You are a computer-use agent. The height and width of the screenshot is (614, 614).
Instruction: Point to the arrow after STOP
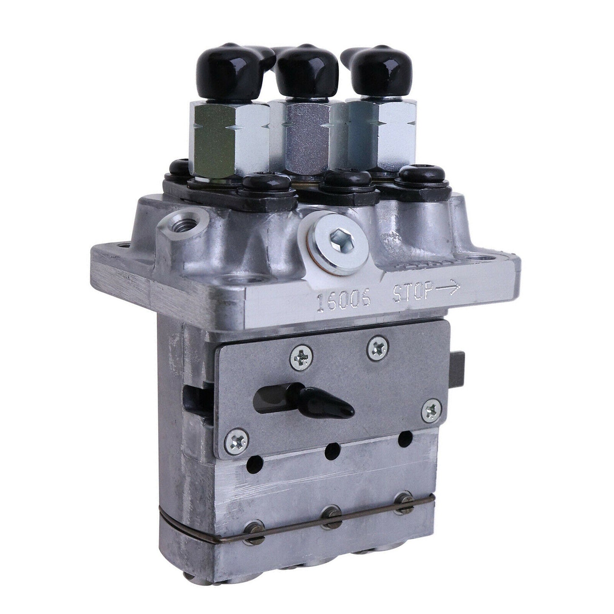tap(446, 289)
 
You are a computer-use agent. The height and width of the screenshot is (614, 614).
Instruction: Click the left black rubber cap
tap(224, 68)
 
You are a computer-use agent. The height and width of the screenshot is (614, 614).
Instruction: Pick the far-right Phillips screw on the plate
tap(433, 410)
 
